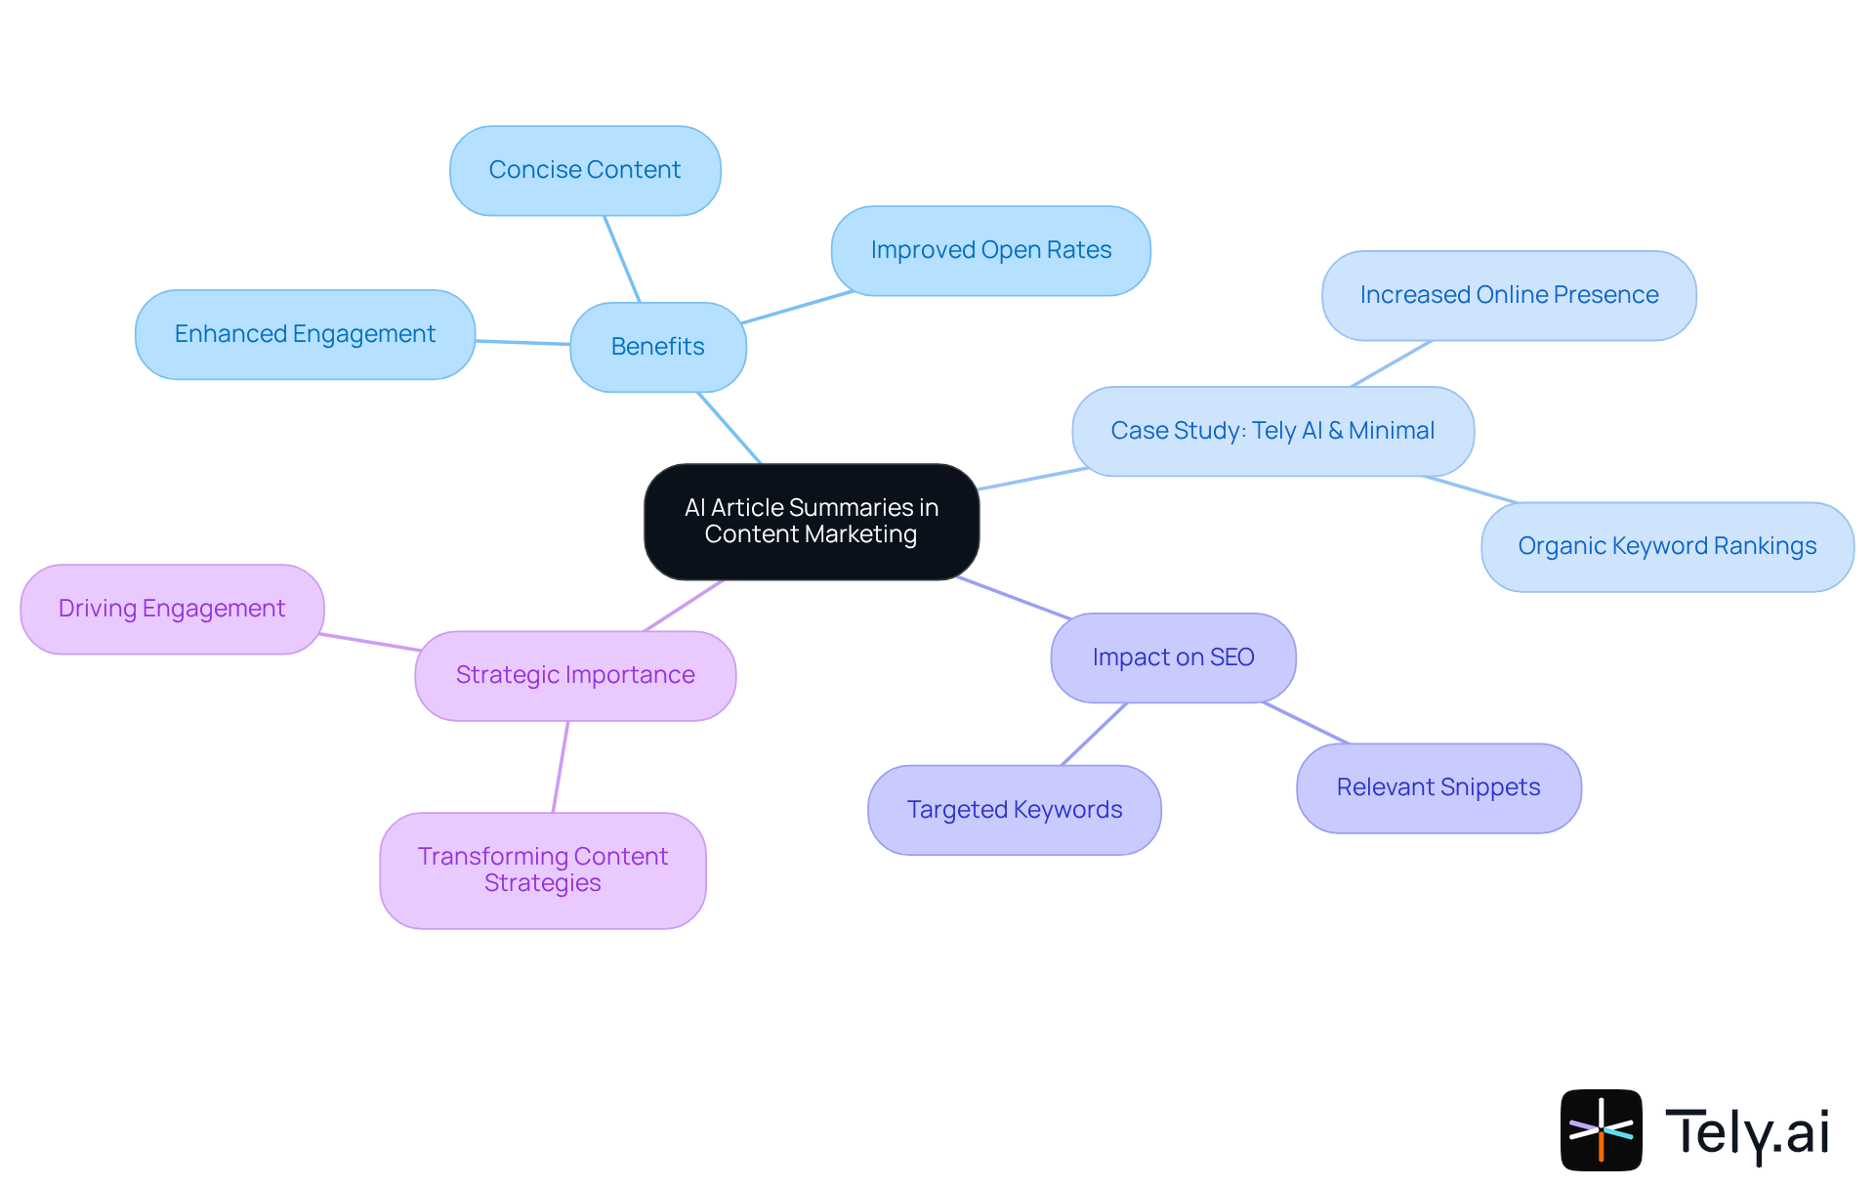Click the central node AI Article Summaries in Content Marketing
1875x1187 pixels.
point(812,521)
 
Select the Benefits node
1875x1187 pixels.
point(657,347)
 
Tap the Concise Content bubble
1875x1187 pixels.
point(585,170)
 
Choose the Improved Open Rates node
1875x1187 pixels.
point(990,250)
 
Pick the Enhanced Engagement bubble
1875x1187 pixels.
point(305,334)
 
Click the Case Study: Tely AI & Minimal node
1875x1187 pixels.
point(1272,431)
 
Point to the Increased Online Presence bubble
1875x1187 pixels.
point(1509,295)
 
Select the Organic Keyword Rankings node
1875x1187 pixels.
point(1667,546)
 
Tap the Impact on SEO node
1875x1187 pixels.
point(1173,657)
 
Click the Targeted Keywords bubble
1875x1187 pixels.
point(1014,810)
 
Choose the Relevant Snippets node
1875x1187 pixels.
point(1438,787)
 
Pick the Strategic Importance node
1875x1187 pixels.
point(575,675)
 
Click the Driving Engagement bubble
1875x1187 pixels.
point(172,609)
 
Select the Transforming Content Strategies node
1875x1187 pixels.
point(543,869)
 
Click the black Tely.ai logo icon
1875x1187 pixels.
point(1601,1129)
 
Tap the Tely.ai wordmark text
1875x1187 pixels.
point(1747,1132)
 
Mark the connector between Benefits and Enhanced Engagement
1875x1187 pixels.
point(522,342)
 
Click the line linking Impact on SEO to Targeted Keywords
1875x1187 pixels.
point(1094,734)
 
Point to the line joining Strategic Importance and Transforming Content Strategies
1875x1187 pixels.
point(561,766)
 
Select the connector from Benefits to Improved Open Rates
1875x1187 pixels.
point(796,307)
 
